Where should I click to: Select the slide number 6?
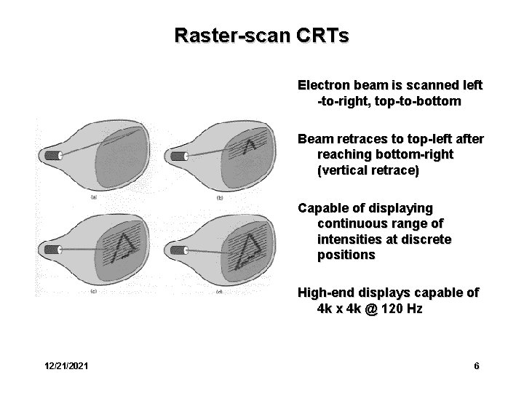476,366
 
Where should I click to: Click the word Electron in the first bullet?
322,85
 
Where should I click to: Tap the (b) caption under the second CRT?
220,198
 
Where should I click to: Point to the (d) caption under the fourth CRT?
219,291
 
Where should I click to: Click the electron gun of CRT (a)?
52,155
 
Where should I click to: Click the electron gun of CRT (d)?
178,250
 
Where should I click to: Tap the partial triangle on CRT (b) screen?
252,148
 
